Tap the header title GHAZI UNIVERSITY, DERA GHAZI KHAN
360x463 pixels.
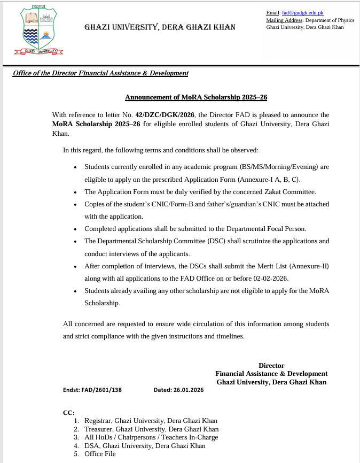tap(160, 27)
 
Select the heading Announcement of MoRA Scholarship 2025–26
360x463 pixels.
tap(196, 98)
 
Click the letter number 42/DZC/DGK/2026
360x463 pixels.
tap(165, 114)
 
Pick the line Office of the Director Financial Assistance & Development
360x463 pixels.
tap(100, 73)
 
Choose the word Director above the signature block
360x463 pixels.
tap(271, 366)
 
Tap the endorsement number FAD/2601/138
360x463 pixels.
tap(102, 390)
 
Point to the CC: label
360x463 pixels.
tap(69, 412)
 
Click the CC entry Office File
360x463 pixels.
tap(100, 454)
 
